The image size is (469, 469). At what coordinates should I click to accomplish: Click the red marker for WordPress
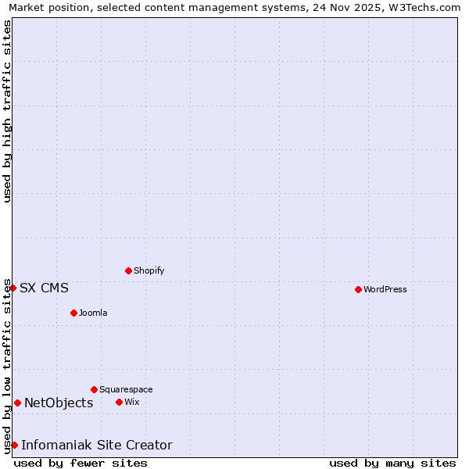[x=358, y=289]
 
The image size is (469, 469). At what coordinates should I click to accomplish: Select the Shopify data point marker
[x=128, y=270]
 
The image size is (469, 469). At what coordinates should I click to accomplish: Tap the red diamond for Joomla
[x=73, y=313]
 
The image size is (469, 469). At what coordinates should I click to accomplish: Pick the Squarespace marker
[x=94, y=389]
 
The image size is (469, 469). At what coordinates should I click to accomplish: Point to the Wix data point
[x=119, y=402]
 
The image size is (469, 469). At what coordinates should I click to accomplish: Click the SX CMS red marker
[x=13, y=288]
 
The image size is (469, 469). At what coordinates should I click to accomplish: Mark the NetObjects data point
[x=17, y=403]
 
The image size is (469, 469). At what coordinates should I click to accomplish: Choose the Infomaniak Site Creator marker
[x=14, y=445]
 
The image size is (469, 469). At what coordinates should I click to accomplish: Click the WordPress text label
[x=385, y=289]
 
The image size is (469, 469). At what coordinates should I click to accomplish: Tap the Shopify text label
[x=149, y=270]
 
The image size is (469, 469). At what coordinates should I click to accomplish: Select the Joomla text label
[x=93, y=313]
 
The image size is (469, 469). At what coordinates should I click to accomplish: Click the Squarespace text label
[x=126, y=389]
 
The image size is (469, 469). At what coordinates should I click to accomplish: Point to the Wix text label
[x=131, y=402]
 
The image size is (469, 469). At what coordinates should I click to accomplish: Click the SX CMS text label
[x=44, y=288]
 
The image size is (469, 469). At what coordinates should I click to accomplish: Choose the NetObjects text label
[x=59, y=403]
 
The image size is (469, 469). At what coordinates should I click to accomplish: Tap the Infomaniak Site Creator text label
[x=96, y=445]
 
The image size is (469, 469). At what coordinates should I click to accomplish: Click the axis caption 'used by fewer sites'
[x=81, y=463]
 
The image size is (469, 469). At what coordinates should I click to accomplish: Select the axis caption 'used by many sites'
[x=392, y=463]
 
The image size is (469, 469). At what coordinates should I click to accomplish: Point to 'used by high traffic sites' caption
[x=8, y=111]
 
